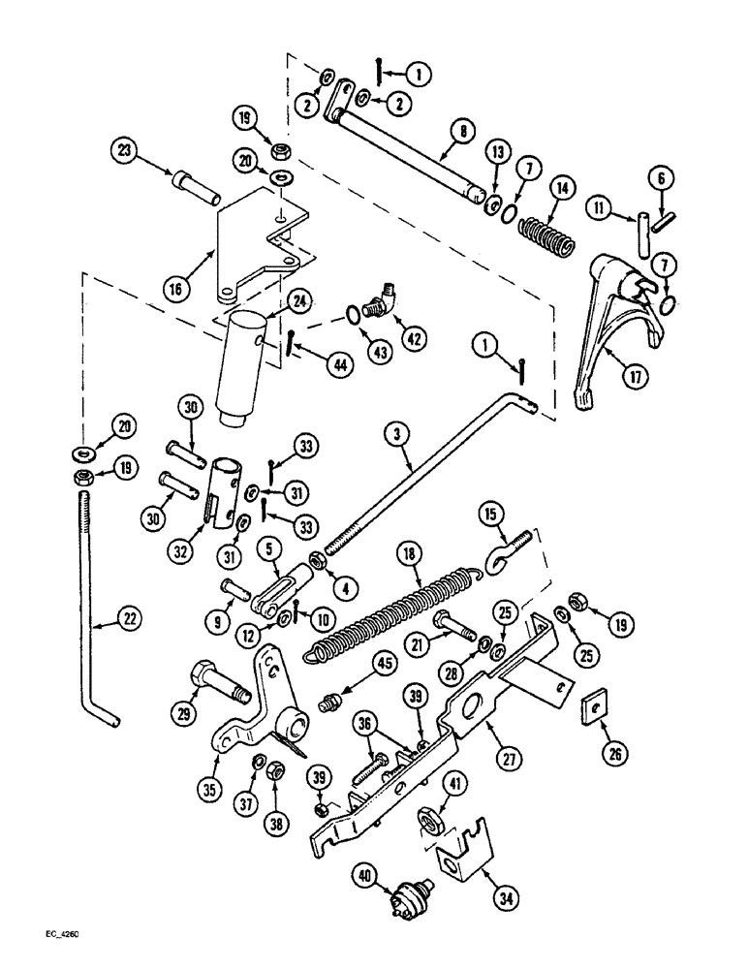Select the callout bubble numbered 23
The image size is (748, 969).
(x=125, y=154)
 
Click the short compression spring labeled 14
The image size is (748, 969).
(x=544, y=234)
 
